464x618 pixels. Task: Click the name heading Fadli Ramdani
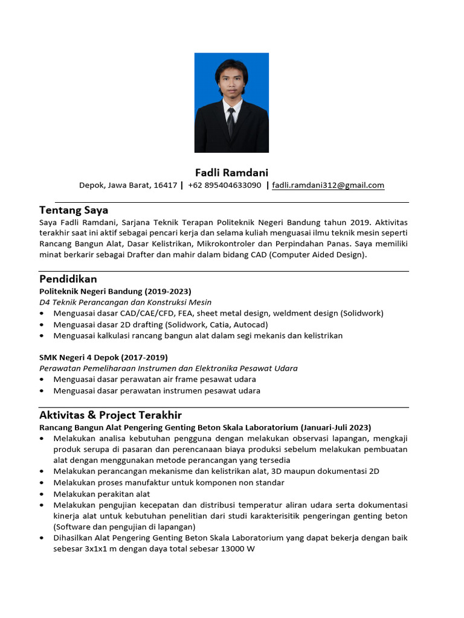pos(231,173)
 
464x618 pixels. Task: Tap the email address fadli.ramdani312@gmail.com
pos(328,185)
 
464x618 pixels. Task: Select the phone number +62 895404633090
pos(224,185)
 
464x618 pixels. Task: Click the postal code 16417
pos(166,185)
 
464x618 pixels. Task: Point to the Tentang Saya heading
pos(74,210)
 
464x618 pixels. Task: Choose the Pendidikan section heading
pos(68,279)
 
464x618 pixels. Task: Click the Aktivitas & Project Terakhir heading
pos(111,415)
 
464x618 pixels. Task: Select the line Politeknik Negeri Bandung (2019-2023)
pos(115,291)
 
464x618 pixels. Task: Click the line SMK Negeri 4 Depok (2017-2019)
pos(103,357)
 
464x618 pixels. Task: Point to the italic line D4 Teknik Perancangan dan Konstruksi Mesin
pos(126,302)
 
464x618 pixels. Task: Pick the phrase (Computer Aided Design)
pos(317,255)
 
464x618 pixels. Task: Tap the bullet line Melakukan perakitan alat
pos(100,494)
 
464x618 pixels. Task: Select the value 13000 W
pos(240,549)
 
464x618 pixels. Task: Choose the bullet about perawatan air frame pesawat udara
pos(155,379)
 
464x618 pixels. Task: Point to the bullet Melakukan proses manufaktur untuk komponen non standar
pos(169,482)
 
